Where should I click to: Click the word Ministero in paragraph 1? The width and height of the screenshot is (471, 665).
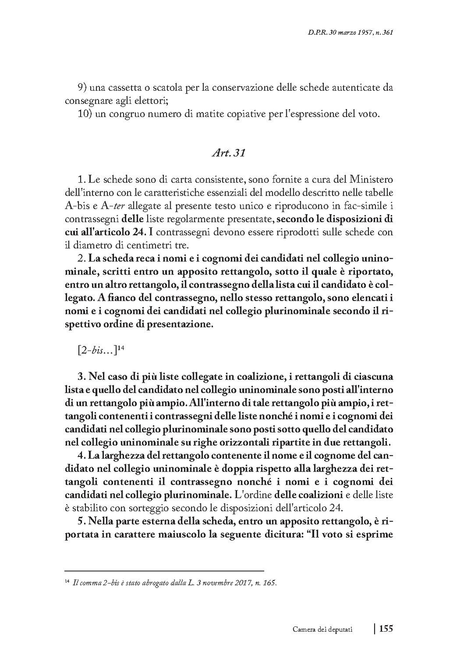(x=371, y=180)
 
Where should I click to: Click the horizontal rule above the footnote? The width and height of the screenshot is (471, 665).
(x=164, y=571)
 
